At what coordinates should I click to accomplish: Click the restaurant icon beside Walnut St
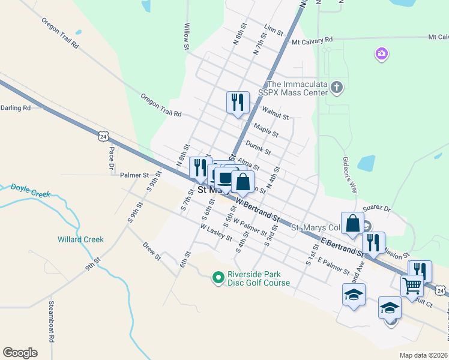[x=238, y=101]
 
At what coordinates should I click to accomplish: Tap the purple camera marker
[x=381, y=55]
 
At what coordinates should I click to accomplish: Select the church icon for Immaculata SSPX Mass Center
[x=336, y=88]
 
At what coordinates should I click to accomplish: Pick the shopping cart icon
[x=411, y=286]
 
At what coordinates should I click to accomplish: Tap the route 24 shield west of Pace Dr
[x=104, y=137]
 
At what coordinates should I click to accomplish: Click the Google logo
[x=20, y=352]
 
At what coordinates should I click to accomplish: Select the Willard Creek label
[x=80, y=239]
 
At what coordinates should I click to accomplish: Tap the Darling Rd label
[x=15, y=108]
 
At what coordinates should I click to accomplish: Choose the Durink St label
[x=258, y=148]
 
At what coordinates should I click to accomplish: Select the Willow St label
[x=187, y=37]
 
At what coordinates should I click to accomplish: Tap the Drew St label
[x=152, y=251]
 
